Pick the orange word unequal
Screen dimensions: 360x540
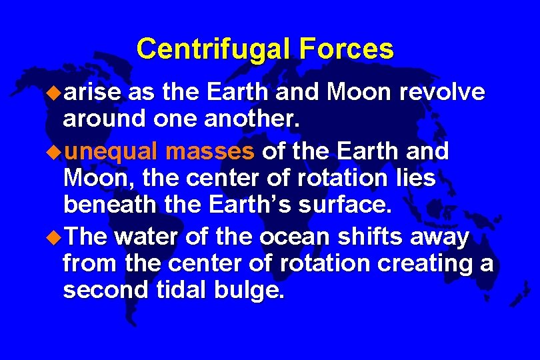click(111, 151)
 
